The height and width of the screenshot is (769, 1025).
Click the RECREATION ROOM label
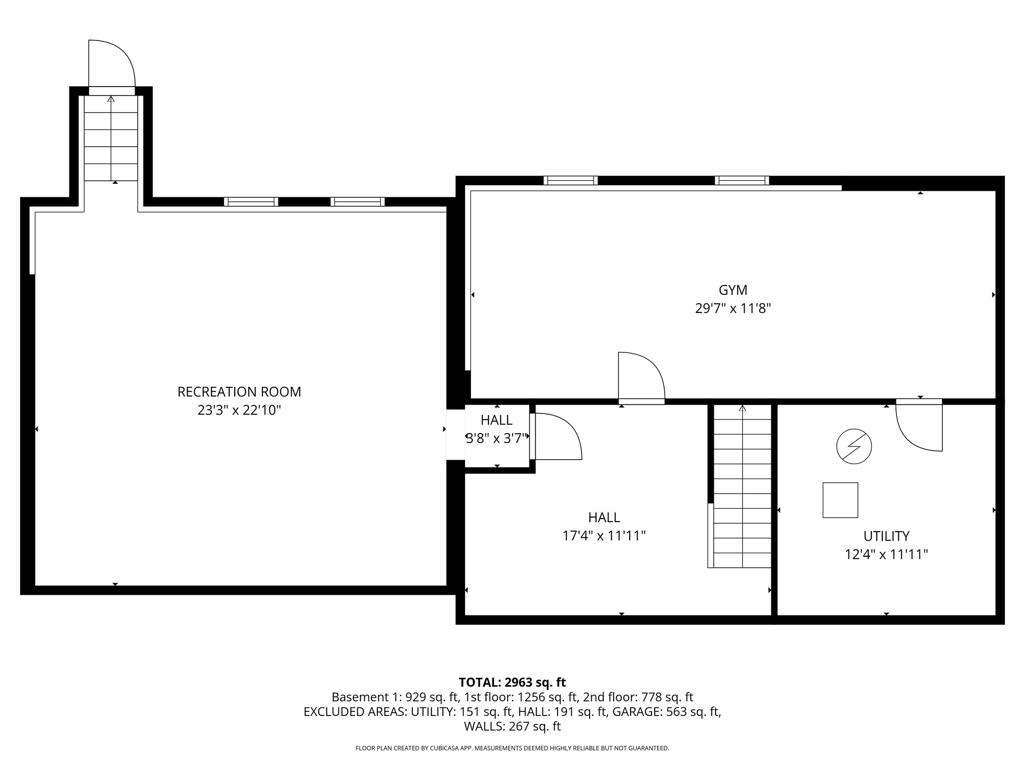239,392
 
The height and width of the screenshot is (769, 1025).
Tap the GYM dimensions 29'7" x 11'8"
732,308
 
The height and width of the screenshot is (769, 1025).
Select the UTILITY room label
886,536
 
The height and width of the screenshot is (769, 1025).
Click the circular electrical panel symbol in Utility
854,446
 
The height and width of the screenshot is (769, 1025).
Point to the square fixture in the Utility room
840,500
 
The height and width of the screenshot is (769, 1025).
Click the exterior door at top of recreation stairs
111,65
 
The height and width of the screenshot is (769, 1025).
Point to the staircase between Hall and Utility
742,486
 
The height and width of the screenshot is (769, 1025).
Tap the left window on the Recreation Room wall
251,202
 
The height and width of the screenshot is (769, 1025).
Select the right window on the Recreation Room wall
357,202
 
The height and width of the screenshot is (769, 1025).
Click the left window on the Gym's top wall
571,180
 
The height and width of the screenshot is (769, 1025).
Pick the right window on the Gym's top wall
742,180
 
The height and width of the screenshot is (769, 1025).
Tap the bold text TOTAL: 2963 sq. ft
512,682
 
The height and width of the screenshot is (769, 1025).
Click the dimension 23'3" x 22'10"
239,411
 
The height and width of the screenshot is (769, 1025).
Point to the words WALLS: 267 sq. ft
512,726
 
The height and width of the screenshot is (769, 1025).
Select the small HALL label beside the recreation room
496,420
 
